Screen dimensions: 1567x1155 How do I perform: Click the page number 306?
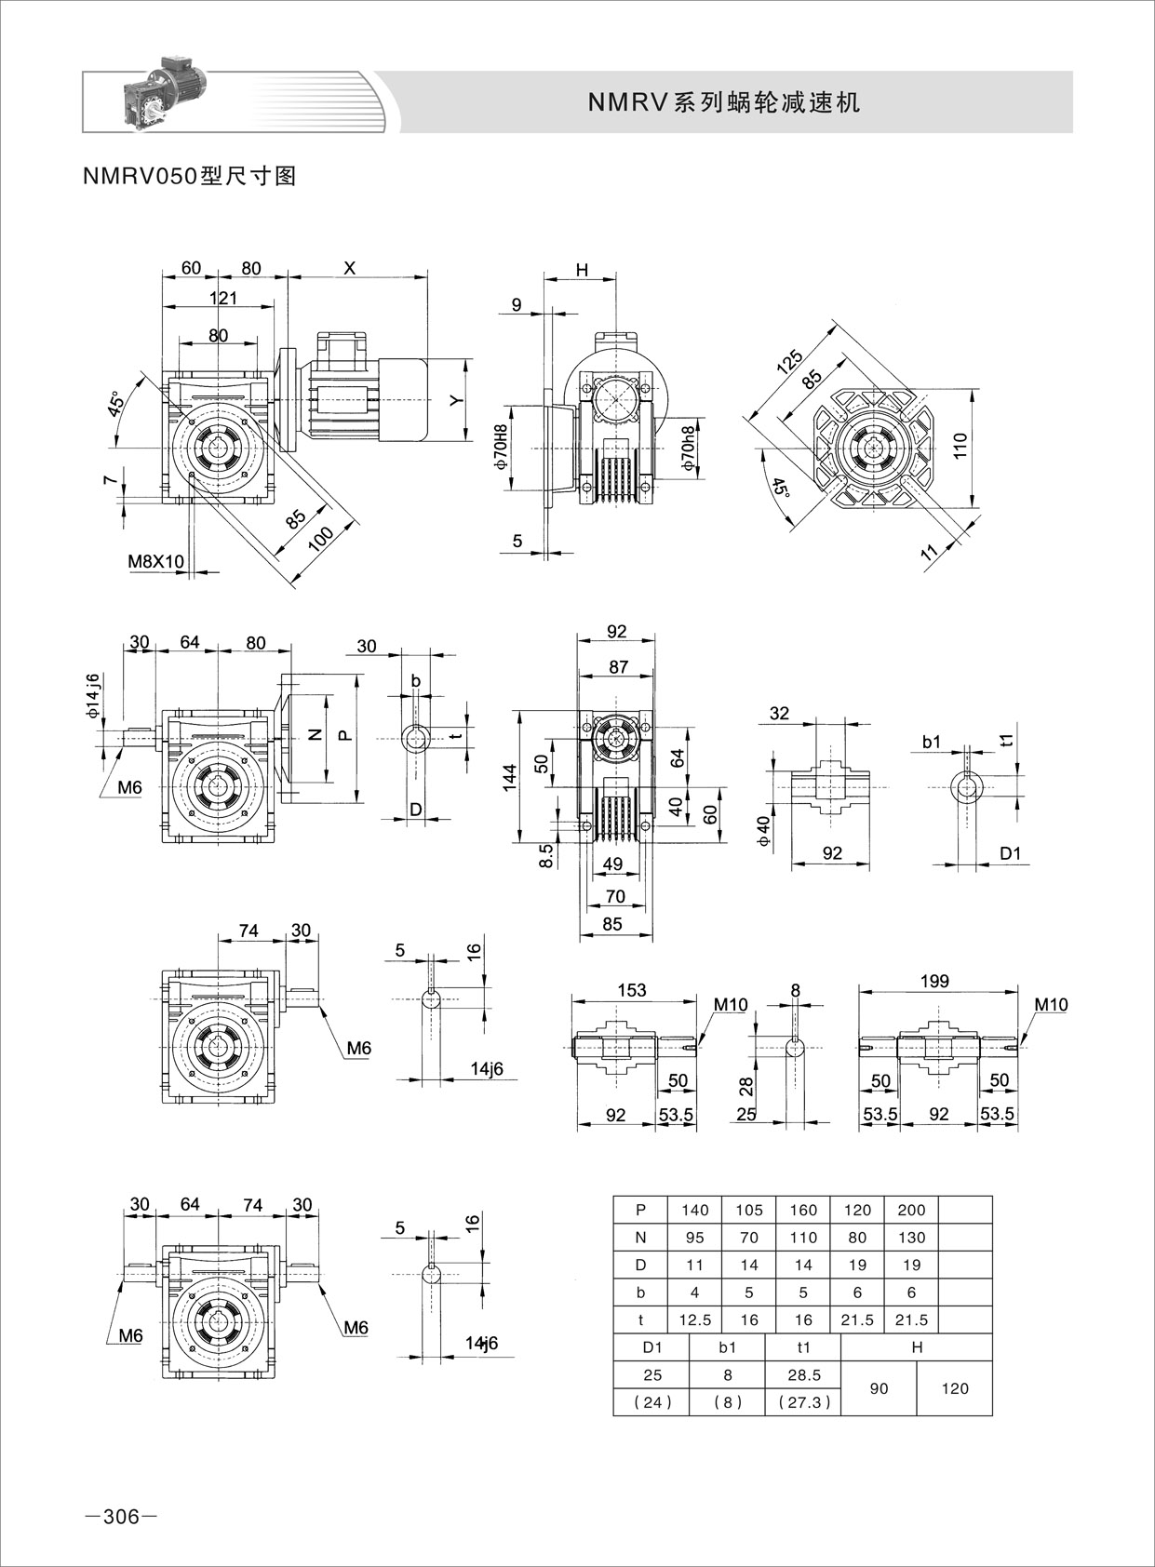click(120, 1517)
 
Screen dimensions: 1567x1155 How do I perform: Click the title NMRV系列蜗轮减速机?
click(724, 102)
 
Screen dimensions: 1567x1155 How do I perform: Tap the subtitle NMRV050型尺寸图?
click(190, 176)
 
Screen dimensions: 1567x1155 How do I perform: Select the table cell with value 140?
click(695, 1210)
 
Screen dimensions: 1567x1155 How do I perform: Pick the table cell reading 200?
click(911, 1210)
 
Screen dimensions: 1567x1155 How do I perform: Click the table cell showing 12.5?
click(695, 1319)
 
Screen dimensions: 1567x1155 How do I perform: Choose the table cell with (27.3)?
click(802, 1402)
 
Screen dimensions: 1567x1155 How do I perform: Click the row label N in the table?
click(640, 1238)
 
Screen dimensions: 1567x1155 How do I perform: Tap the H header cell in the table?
click(917, 1346)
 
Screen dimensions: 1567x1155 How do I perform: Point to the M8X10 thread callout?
click(156, 561)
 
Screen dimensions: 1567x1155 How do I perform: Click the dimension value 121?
click(223, 298)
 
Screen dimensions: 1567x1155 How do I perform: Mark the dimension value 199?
click(934, 981)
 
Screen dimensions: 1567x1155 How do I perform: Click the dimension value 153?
click(632, 990)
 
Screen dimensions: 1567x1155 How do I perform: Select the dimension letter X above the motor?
click(350, 268)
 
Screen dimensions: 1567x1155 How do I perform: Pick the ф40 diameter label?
click(764, 830)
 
